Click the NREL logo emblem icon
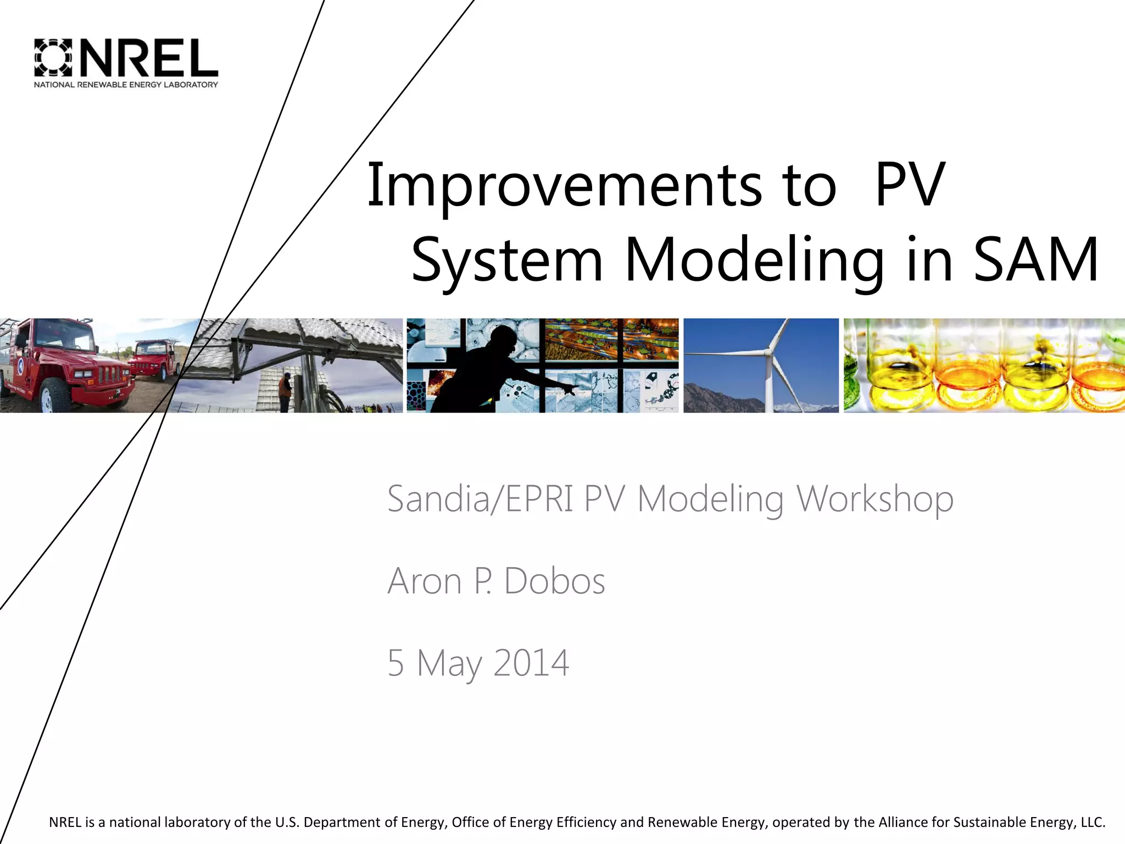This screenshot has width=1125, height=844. [x=53, y=57]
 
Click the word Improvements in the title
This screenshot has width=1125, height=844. [x=564, y=186]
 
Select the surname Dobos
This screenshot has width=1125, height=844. [x=554, y=581]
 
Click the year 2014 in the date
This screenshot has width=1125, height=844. [x=531, y=663]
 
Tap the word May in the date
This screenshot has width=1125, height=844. [x=448, y=664]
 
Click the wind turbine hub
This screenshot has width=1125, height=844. [x=768, y=352]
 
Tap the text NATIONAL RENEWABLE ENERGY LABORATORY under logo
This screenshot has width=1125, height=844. [x=126, y=85]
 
